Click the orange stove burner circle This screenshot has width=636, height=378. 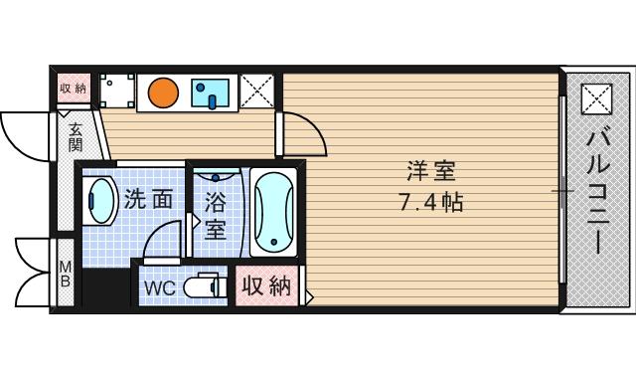163,94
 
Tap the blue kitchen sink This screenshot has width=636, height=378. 212,94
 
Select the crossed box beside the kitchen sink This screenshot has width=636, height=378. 258,92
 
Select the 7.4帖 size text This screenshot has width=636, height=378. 430,201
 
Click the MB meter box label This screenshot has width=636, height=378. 65,274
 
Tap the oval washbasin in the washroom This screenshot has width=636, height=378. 99,203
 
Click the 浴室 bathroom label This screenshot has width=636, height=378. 215,216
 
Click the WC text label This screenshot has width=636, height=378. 160,288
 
